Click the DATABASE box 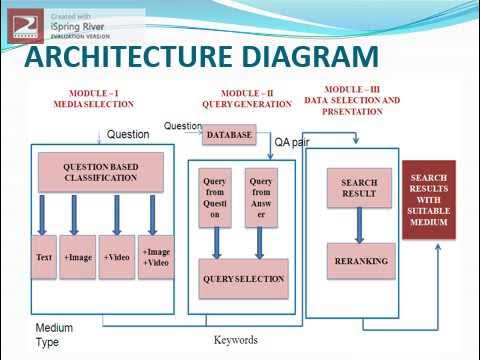(229, 134)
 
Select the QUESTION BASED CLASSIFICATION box (100, 171)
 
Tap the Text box (43, 257)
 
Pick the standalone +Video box (116, 257)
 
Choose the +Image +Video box (155, 257)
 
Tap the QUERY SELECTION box (243, 279)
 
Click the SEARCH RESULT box (358, 188)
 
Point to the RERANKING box (358, 261)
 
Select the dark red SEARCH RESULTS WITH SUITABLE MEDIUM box (428, 199)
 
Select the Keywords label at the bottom (235, 340)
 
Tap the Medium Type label (54, 334)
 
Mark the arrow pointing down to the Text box (43, 213)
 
